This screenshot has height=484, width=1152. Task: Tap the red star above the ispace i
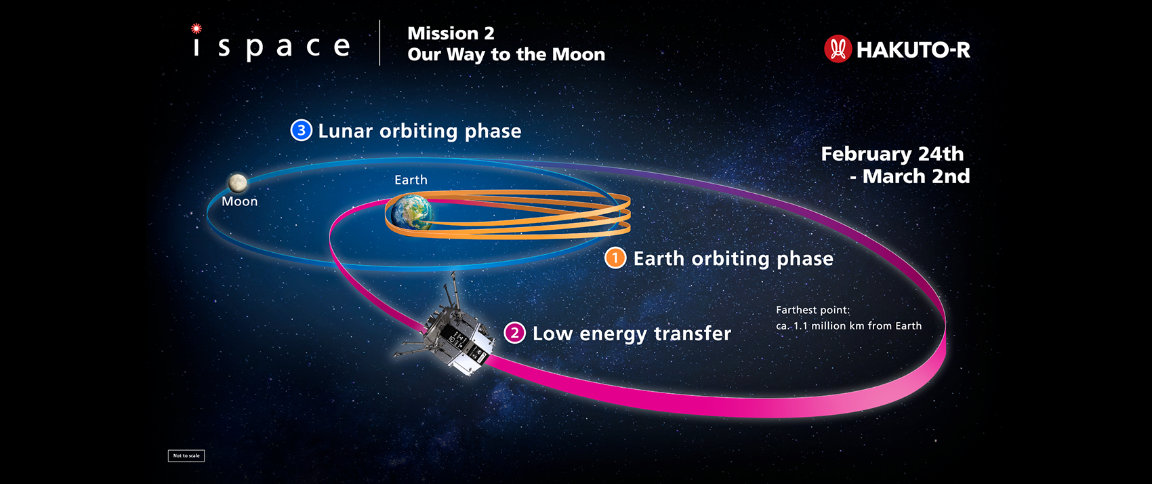pos(196,28)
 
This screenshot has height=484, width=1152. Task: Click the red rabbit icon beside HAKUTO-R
pos(838,49)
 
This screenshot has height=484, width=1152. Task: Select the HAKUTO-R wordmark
pos(913,50)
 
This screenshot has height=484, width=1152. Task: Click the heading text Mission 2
pos(451,33)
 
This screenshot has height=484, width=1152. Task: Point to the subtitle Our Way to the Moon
pos(506,54)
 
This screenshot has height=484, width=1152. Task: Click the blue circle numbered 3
pos(302,130)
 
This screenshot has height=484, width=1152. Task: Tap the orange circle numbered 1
pos(615,258)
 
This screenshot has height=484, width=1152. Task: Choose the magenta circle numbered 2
pos(514,333)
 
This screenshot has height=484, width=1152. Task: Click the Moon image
pos(238,182)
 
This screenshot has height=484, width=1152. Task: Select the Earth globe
pos(411,212)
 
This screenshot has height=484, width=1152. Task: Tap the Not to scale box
pos(186,456)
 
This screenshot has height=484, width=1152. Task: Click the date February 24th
pos(892,154)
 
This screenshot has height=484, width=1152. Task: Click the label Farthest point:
pos(813,310)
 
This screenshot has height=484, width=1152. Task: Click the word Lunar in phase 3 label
pos(346,131)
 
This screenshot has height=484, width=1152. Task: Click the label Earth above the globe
pos(411,180)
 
